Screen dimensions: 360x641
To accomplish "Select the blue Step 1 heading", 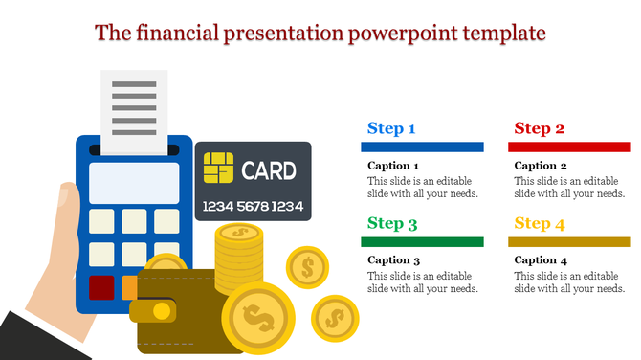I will coord(391,128).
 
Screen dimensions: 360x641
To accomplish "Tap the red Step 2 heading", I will coord(539,128).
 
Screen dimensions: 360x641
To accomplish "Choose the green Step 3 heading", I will coord(392,224).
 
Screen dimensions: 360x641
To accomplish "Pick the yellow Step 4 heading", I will coord(539,224).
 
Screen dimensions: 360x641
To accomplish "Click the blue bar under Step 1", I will coord(421,146).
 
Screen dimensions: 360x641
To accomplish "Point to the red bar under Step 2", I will coord(568,146).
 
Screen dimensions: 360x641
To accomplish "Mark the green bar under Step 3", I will coord(421,242).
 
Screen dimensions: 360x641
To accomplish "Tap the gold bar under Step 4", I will coord(568,242).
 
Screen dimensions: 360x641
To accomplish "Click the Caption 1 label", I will coord(394,166).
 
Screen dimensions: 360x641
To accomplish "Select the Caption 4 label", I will coord(541,260).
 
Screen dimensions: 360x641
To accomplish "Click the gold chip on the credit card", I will coord(217,170).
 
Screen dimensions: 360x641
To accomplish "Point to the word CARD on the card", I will coord(268,171).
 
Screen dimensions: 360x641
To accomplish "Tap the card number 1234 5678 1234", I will coord(253,206).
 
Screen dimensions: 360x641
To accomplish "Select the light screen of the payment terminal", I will coord(133,182).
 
